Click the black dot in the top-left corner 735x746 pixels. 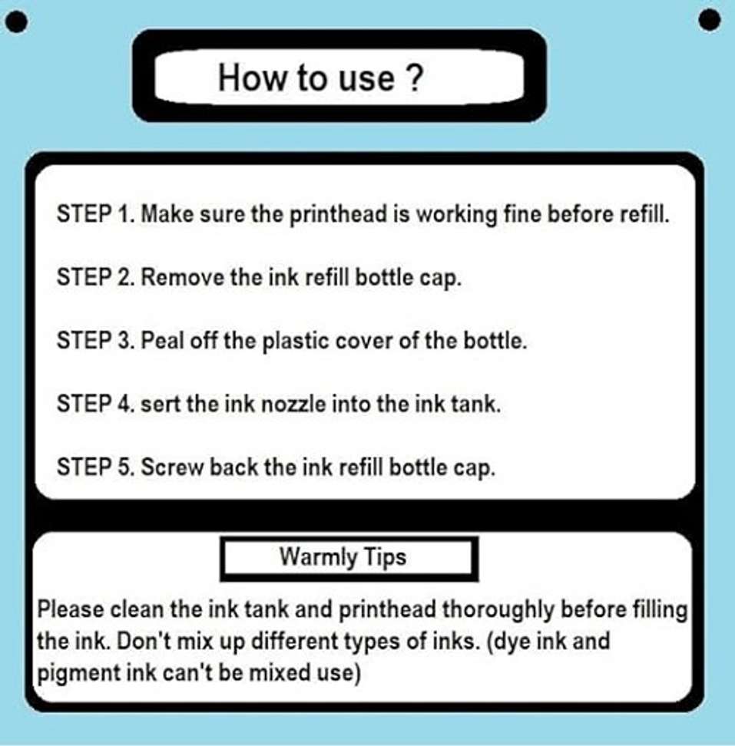pos(18,22)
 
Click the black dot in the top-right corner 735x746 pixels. pos(710,21)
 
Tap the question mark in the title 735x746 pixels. pos(415,78)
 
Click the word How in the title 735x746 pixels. pos(253,78)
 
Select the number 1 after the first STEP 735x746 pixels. pos(124,213)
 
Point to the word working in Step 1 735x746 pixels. pos(456,215)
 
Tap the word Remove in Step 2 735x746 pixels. pos(182,277)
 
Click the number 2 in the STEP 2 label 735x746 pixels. pos(124,277)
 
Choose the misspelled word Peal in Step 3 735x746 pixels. pos(162,340)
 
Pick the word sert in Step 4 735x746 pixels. pos(161,404)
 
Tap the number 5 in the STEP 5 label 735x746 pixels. pos(124,467)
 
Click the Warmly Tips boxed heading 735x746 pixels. pos(349,559)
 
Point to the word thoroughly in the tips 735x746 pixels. pos(498,610)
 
